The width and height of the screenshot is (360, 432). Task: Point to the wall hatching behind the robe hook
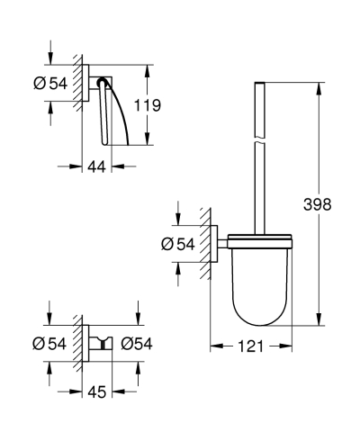tap(82, 342)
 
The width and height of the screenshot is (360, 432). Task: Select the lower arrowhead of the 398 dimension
tap(318, 321)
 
